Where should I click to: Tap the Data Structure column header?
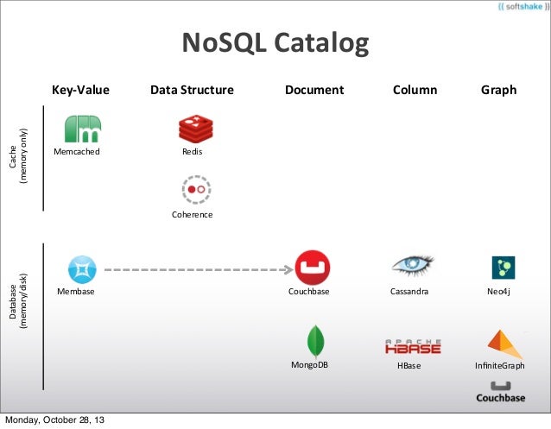pyautogui.click(x=192, y=90)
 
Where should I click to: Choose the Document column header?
pyautogui.click(x=314, y=90)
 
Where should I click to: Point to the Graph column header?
pyautogui.click(x=498, y=90)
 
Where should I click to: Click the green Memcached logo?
pyautogui.click(x=84, y=129)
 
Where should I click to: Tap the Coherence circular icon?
pyautogui.click(x=193, y=189)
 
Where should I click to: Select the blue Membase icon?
pyautogui.click(x=83, y=269)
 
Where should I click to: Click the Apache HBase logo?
pyautogui.click(x=413, y=345)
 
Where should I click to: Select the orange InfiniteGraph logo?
pyautogui.click(x=505, y=344)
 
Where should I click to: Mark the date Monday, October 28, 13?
pyautogui.click(x=55, y=420)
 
